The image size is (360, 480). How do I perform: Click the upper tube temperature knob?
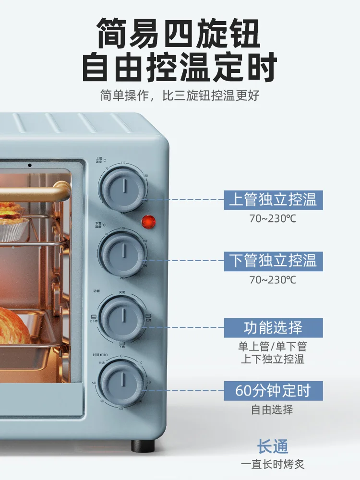(123, 187)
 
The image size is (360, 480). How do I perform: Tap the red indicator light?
(149, 222)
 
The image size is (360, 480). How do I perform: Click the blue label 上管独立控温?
(273, 200)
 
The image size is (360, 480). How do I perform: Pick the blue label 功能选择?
(273, 327)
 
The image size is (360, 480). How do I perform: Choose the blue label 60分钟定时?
(273, 391)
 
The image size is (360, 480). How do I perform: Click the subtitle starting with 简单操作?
(180, 95)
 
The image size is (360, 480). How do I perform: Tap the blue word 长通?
(273, 446)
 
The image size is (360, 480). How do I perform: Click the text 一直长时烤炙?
(273, 464)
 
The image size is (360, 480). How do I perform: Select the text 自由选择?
(272, 410)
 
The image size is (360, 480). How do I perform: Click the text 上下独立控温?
(272, 359)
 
